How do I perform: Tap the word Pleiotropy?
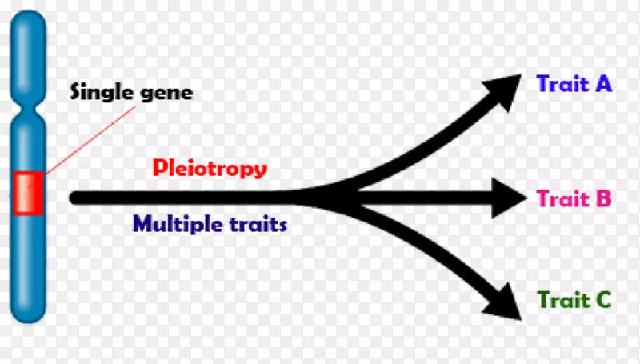coord(210,169)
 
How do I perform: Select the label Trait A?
coord(574,83)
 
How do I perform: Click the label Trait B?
coord(574,198)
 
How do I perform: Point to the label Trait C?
coord(574,300)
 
